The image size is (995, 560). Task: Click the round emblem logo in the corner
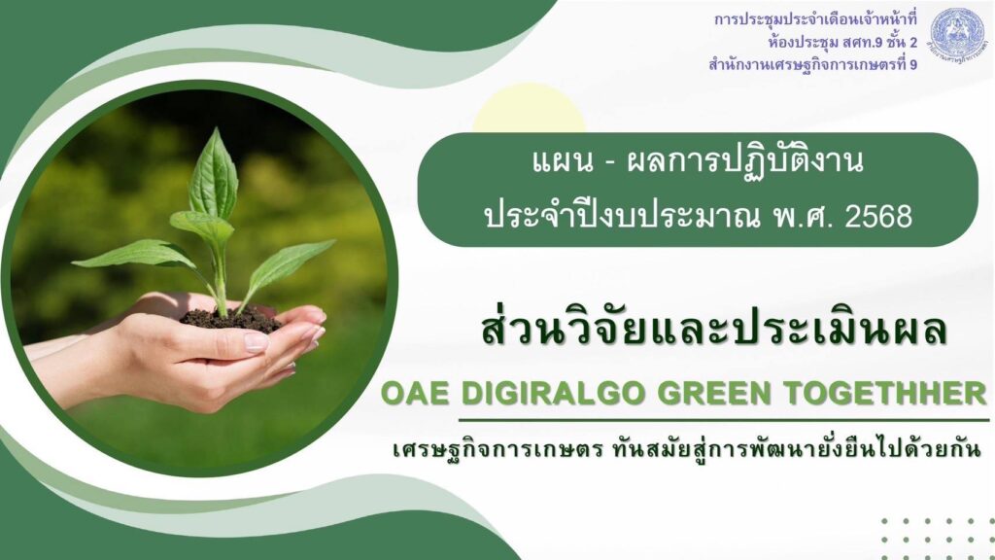point(957,34)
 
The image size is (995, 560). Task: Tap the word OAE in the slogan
point(414,394)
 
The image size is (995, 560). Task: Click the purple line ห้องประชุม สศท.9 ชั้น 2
point(842,43)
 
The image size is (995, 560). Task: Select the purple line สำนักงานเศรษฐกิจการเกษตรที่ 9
point(813,65)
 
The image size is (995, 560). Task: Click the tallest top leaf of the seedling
point(214,174)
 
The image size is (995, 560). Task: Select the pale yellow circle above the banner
point(529,108)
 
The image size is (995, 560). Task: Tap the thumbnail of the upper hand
point(257,342)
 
